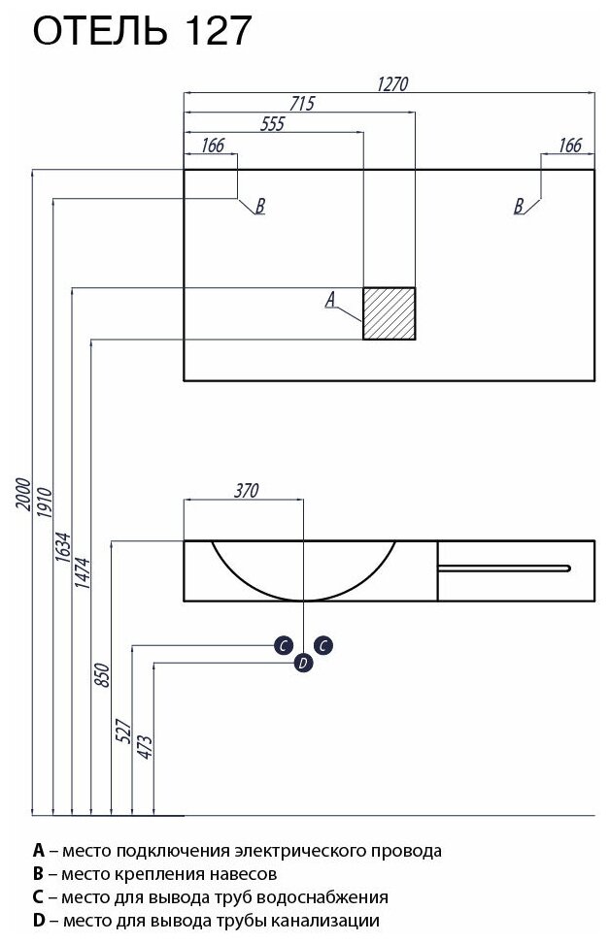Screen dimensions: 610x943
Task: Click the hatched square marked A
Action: pyautogui.click(x=390, y=313)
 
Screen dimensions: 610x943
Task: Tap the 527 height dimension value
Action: pyautogui.click(x=124, y=730)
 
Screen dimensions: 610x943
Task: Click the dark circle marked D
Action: pyautogui.click(x=303, y=663)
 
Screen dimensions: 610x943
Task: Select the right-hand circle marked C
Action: pyautogui.click(x=324, y=644)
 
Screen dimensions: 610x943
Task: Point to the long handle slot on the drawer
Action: pyautogui.click(x=505, y=565)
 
